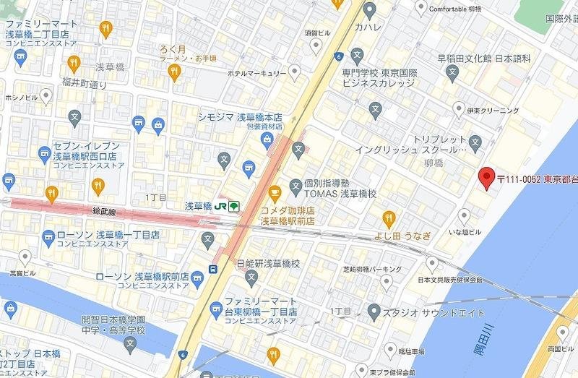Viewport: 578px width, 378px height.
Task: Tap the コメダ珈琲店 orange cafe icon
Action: (x=274, y=192)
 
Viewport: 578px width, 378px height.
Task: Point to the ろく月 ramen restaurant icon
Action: (x=173, y=71)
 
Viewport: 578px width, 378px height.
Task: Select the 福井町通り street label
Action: (x=85, y=85)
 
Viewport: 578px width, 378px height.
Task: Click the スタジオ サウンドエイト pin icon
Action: (x=373, y=312)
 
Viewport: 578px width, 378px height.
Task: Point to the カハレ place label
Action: (x=368, y=27)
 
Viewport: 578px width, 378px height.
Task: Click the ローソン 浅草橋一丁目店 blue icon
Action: (x=48, y=236)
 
